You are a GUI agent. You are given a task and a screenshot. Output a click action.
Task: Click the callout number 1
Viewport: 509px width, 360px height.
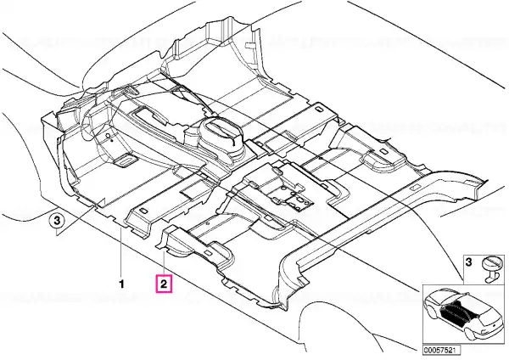click(x=121, y=284)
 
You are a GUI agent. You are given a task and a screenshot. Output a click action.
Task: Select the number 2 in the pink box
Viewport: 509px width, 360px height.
click(x=165, y=284)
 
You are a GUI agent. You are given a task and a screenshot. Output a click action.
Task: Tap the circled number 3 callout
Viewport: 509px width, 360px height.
click(x=57, y=221)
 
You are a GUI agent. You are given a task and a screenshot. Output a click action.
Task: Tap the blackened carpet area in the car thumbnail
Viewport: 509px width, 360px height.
click(x=456, y=311)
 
